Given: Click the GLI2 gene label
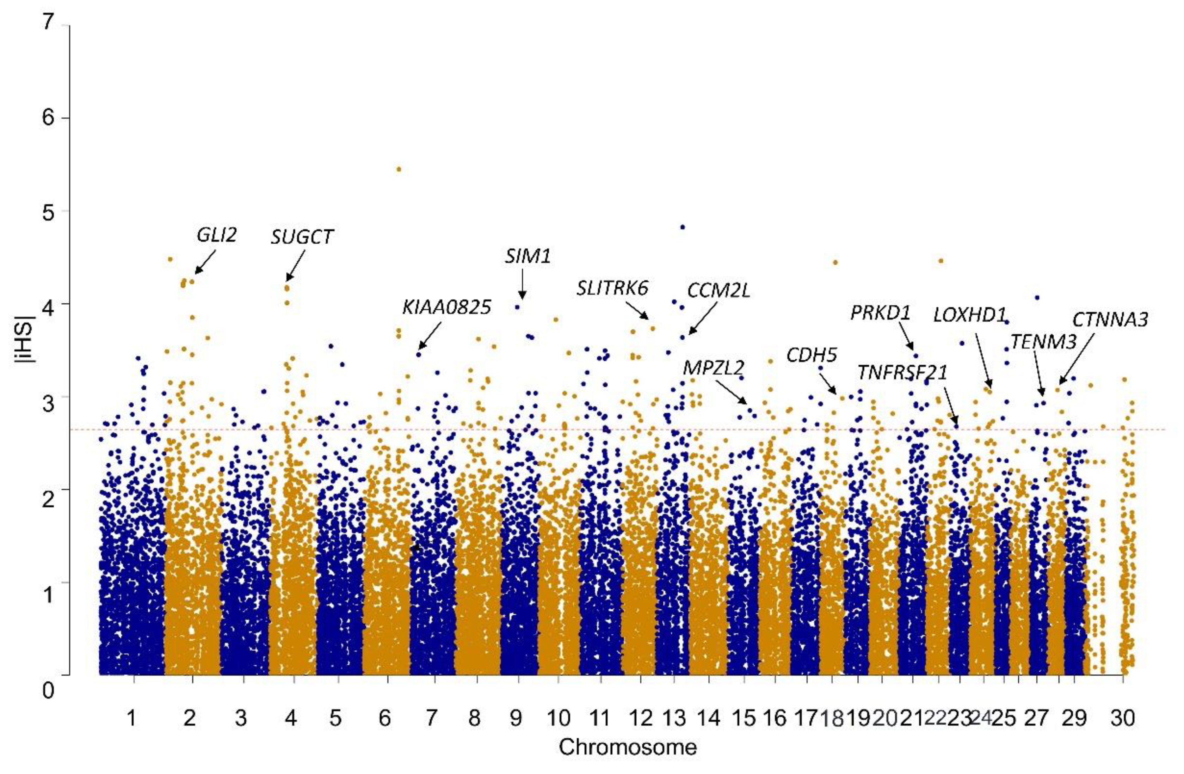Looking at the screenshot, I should pyautogui.click(x=216, y=235).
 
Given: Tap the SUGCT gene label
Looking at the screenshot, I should pyautogui.click(x=302, y=237).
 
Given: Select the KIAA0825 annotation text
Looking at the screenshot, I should pyautogui.click(x=446, y=307).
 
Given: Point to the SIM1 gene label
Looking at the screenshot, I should pyautogui.click(x=528, y=257).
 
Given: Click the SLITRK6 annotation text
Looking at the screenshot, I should pyautogui.click(x=612, y=288).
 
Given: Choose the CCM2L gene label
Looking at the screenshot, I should pyautogui.click(x=719, y=291).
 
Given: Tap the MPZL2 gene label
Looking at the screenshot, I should pyautogui.click(x=713, y=368).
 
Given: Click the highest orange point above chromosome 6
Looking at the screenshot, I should pyautogui.click(x=399, y=169).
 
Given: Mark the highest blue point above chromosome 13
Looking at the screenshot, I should pyautogui.click(x=683, y=227).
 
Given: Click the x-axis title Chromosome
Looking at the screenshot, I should pyautogui.click(x=627, y=747).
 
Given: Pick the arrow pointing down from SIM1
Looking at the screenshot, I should pyautogui.click(x=522, y=285).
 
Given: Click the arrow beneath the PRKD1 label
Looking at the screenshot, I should pyautogui.click(x=906, y=336).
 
